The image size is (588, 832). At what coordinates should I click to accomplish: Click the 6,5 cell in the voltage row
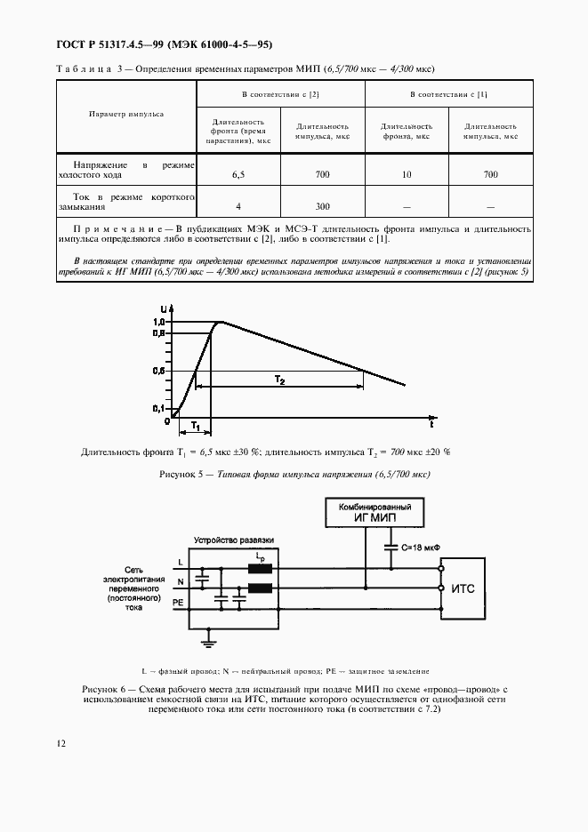pyautogui.click(x=238, y=175)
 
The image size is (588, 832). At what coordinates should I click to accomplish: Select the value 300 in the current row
pyautogui.click(x=322, y=206)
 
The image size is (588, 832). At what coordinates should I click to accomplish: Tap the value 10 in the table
pyautogui.click(x=407, y=175)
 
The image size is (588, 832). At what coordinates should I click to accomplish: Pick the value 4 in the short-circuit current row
pyautogui.click(x=238, y=206)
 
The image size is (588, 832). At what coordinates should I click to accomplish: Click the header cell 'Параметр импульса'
pyautogui.click(x=125, y=115)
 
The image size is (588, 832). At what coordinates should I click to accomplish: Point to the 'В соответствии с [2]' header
pyautogui.click(x=280, y=93)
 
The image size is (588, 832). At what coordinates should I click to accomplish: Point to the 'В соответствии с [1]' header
pyautogui.click(x=448, y=93)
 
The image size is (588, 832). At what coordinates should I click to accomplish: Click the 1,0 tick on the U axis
pyautogui.click(x=158, y=321)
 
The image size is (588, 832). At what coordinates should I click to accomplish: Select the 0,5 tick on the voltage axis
pyautogui.click(x=158, y=370)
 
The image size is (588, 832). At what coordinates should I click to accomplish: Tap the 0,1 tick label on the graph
pyautogui.click(x=158, y=408)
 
